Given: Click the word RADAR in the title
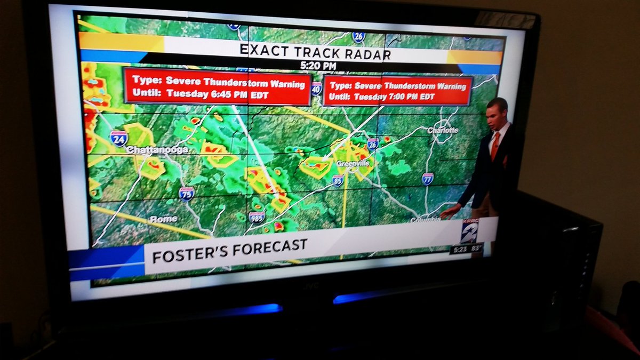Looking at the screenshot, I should coord(364,53).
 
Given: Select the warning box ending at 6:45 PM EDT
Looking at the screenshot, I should coord(217,86).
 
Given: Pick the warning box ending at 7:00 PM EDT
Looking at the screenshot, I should coord(398,91).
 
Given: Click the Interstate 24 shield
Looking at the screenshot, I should coord(118,138).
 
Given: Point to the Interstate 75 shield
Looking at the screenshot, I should coord(186,193).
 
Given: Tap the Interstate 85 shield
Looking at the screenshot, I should coord(338,180).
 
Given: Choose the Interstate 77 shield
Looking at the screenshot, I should coord(427,179).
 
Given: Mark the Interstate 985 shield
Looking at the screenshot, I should coord(257,217).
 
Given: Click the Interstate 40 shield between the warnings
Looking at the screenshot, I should coord(317,89).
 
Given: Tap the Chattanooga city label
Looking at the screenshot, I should coord(157,150).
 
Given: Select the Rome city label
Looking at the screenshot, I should coord(163,219).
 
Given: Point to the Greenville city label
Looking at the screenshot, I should coord(353,164).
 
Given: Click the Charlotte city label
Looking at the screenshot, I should coord(443,130).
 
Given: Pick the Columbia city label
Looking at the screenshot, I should coord(425,220).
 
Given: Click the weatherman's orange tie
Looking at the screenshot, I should coord(495,146).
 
